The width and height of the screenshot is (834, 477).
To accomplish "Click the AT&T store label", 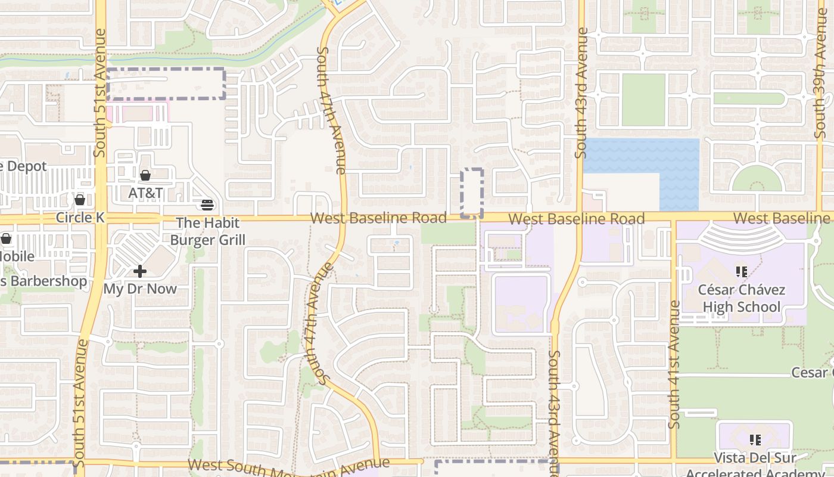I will (145, 193).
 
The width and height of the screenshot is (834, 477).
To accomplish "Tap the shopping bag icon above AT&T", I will (145, 175).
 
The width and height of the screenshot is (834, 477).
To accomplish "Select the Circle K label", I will (80, 218).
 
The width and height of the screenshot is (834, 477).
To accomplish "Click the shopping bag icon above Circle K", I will (80, 199).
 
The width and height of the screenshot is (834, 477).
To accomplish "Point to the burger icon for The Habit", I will (207, 205).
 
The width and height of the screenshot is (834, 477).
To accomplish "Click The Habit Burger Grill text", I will (207, 231).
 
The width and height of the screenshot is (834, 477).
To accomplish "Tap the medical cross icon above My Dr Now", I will (140, 272).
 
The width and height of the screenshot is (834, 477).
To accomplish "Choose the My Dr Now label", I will (140, 289).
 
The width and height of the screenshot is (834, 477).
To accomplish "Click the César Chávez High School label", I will (742, 299).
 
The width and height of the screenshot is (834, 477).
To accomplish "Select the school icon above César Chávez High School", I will (742, 272).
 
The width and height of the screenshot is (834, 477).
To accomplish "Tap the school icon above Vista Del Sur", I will (755, 440).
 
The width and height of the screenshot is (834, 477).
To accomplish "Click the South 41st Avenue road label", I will (674, 364).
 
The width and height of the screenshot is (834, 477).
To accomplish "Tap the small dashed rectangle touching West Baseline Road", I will (472, 193).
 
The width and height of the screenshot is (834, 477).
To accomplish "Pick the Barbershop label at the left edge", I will (43, 281).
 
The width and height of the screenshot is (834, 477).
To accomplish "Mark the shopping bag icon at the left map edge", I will (6, 239).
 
